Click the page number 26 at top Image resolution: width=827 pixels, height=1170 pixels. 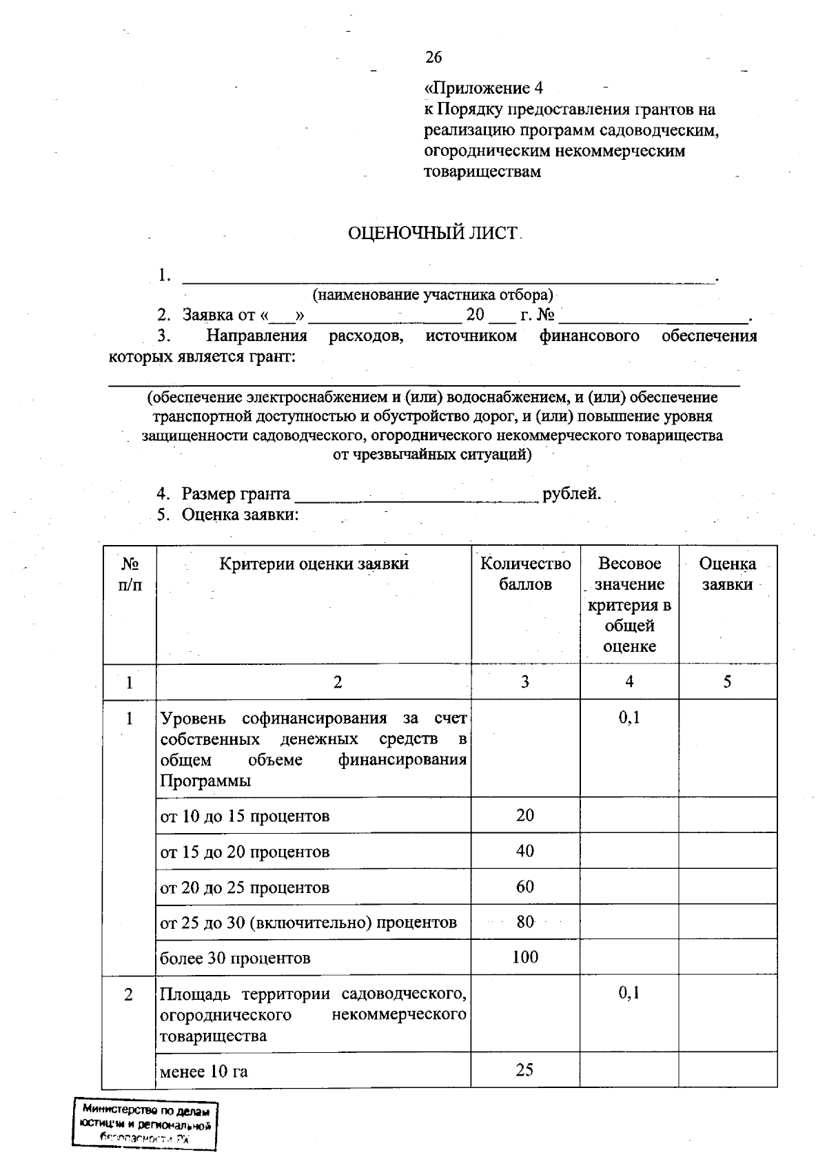pyautogui.click(x=433, y=57)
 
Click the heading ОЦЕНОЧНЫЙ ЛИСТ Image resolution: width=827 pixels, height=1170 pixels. pyautogui.click(x=432, y=234)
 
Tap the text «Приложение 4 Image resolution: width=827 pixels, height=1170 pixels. pyautogui.click(x=484, y=88)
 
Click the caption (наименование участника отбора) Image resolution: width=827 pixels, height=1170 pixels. pyautogui.click(x=433, y=295)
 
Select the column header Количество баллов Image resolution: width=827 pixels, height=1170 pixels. pyautogui.click(x=525, y=574)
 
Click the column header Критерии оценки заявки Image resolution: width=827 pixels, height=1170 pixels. pyautogui.click(x=314, y=564)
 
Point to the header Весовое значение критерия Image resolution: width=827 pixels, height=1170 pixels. pyautogui.click(x=629, y=604)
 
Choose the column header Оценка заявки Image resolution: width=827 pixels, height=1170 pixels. pyautogui.click(x=727, y=574)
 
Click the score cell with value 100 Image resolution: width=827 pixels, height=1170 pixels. pyautogui.click(x=525, y=957)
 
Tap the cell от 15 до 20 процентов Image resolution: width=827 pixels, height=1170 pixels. pyautogui.click(x=245, y=852)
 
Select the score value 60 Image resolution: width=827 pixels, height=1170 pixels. pyautogui.click(x=525, y=887)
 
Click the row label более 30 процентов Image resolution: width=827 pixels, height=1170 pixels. pyautogui.click(x=235, y=958)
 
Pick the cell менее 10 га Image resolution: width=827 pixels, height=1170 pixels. pyautogui.click(x=204, y=1071)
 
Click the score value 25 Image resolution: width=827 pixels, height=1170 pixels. pyautogui.click(x=525, y=1070)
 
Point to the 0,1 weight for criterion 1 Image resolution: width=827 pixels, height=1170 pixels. pyautogui.click(x=629, y=718)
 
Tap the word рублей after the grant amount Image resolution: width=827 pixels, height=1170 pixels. pyautogui.click(x=571, y=494)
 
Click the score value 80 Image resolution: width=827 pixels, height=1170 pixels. pyautogui.click(x=525, y=922)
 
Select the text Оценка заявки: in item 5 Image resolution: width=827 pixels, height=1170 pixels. pyautogui.click(x=240, y=515)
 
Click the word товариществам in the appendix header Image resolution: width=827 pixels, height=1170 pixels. pyautogui.click(x=482, y=172)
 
